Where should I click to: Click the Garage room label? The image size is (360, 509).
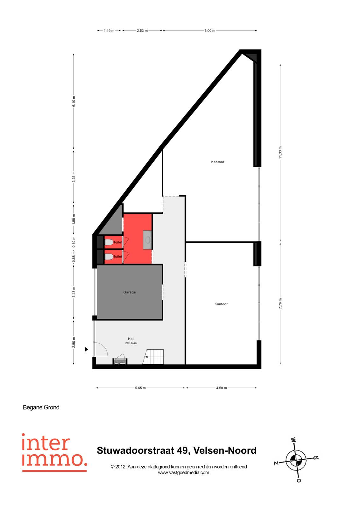130,292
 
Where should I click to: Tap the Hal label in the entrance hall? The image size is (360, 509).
131,339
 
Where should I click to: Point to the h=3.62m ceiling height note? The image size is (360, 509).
131,343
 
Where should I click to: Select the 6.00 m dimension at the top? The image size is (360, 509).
210,31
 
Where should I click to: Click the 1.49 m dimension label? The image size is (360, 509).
109,31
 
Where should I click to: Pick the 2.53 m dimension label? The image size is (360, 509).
142,31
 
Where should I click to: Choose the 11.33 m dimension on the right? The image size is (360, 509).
280,152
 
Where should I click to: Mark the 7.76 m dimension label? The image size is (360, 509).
280,303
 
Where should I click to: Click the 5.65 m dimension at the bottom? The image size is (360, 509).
140,388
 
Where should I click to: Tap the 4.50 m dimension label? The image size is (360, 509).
221,388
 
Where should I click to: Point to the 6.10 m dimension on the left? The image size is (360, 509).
74,101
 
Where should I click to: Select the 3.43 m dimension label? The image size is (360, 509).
74,292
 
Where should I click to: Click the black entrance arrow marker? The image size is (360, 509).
86,349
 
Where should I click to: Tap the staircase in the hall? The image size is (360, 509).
153,357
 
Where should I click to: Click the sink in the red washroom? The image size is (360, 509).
147,240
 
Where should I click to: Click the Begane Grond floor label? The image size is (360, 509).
41,408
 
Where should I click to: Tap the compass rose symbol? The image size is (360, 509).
296,459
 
